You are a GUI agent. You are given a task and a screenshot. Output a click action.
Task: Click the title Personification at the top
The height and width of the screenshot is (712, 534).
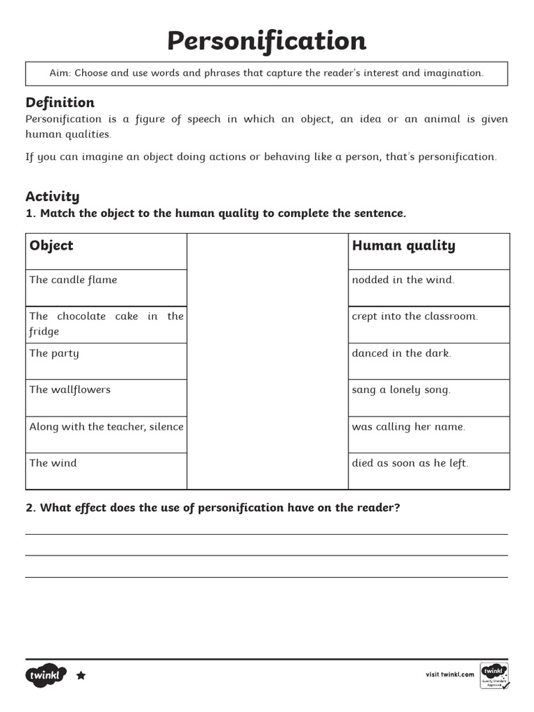click(266, 41)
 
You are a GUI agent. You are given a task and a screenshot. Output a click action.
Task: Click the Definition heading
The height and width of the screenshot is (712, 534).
click(60, 102)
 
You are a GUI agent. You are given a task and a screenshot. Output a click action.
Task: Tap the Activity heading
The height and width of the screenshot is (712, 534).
click(52, 196)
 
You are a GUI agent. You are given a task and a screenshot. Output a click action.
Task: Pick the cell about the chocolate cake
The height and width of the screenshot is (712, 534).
click(106, 323)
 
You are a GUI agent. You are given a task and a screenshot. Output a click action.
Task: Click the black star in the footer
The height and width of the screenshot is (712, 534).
click(81, 675)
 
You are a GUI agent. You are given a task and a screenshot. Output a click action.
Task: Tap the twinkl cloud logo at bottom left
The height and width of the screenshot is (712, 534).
click(46, 675)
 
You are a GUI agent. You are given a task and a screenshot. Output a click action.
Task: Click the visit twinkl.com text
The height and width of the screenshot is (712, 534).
click(450, 674)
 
